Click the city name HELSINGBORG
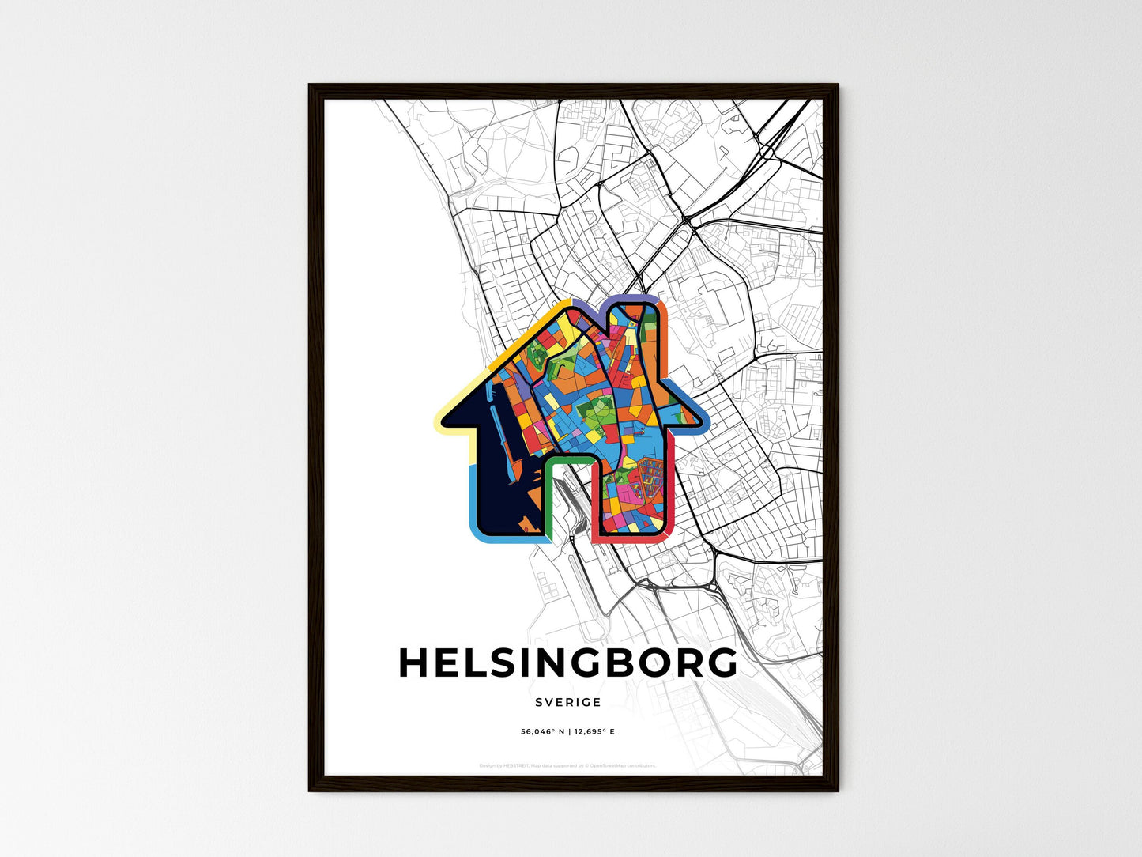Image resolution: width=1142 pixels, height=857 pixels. [x=567, y=663]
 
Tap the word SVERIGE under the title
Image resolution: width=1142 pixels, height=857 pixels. [x=567, y=702]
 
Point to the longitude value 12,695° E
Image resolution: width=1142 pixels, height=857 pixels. [x=594, y=732]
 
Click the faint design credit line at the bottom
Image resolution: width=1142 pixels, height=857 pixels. [x=567, y=765]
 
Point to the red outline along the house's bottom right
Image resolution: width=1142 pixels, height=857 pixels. [x=632, y=539]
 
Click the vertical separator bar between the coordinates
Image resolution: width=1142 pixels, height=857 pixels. [x=568, y=732]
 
